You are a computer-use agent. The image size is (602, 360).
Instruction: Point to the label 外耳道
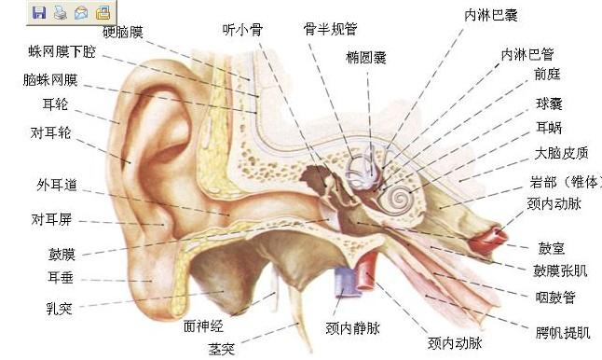(x=57, y=185)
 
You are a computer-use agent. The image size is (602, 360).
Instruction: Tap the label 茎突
(x=223, y=348)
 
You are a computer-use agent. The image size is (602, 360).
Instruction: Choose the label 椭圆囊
(x=366, y=58)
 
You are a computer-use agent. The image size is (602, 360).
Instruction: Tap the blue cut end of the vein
(x=344, y=278)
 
